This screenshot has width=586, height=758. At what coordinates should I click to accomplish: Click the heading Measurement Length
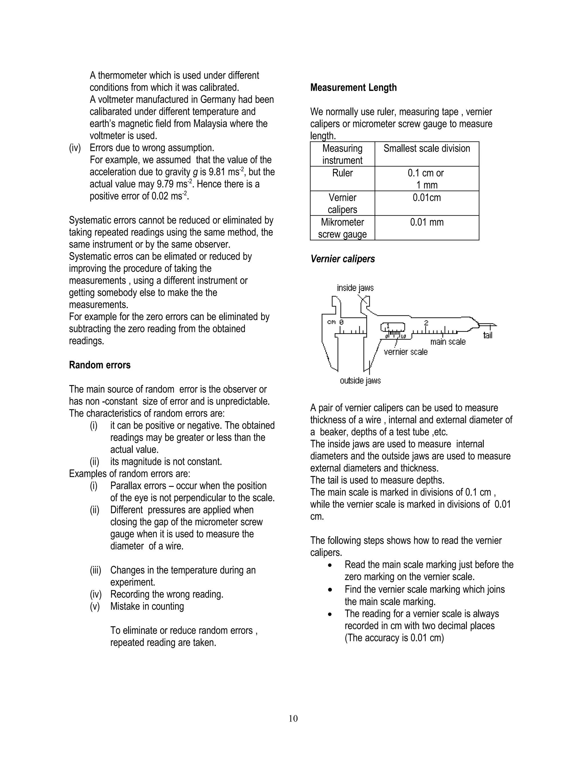[353, 88]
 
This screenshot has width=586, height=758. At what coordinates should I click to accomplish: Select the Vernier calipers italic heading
[342, 259]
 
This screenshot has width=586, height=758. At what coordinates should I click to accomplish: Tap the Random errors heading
[100, 365]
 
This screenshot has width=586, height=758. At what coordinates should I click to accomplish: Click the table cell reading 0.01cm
[426, 198]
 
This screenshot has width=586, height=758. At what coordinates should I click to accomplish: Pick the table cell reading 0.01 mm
[426, 222]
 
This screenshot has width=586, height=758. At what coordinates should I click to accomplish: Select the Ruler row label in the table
[342, 173]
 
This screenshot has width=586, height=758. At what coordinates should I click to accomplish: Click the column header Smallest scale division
[426, 148]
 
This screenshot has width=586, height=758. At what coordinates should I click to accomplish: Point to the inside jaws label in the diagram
[355, 288]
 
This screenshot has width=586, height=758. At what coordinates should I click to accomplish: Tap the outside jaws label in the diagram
[360, 381]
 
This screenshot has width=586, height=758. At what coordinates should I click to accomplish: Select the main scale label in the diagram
[448, 342]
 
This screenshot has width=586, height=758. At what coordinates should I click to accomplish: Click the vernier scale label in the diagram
[405, 352]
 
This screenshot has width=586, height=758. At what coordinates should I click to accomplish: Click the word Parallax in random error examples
[125, 486]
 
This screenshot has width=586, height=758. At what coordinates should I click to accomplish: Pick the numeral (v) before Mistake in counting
[95, 606]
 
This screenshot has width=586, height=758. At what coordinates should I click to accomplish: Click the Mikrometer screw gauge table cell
[342, 228]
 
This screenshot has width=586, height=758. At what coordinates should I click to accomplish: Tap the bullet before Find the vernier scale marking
[330, 590]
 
